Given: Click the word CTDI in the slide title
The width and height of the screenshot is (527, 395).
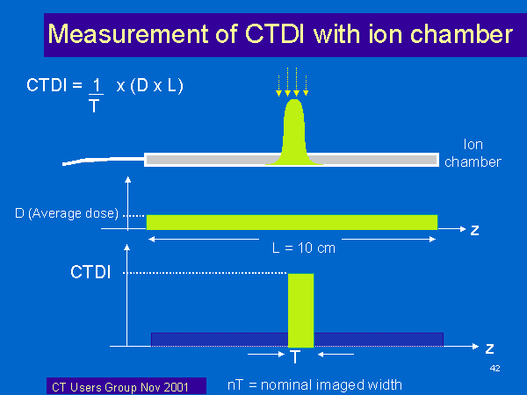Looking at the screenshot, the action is tap(275, 34).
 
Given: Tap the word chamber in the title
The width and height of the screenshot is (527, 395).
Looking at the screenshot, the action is tap(461, 34).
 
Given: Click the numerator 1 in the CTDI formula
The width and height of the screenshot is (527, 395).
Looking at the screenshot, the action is tap(97, 85).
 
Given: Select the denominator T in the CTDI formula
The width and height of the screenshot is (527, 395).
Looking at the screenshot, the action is tap(95, 106).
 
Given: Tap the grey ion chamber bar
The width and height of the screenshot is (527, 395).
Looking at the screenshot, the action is tap(292, 160).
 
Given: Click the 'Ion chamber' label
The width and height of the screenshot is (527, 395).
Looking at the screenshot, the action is tap(473, 153).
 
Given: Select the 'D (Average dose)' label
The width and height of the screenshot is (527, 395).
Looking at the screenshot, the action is tap(67, 213).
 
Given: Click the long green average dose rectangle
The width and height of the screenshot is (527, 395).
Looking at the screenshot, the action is tap(292, 222).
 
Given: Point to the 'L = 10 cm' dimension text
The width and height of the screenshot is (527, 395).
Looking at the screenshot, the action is tap(304, 248).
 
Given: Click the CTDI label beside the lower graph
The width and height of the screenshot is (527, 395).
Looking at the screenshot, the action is tap(90, 272).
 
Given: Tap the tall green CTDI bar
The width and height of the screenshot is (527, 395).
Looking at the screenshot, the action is tap(300, 311).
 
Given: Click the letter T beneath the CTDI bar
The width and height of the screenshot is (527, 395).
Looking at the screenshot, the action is tap(295, 356).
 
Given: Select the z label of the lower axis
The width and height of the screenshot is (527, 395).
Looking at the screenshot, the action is tap(489, 348).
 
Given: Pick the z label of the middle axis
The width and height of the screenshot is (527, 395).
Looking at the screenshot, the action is tap(474, 230).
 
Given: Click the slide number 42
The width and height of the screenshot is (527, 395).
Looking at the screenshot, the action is tap(495, 369).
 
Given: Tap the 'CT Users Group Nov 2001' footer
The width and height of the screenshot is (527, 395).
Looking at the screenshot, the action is tap(120, 387).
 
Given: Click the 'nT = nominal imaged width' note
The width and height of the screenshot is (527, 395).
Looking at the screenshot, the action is tap(314, 385).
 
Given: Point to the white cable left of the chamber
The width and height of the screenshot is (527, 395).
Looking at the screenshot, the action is tap(103, 161).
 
